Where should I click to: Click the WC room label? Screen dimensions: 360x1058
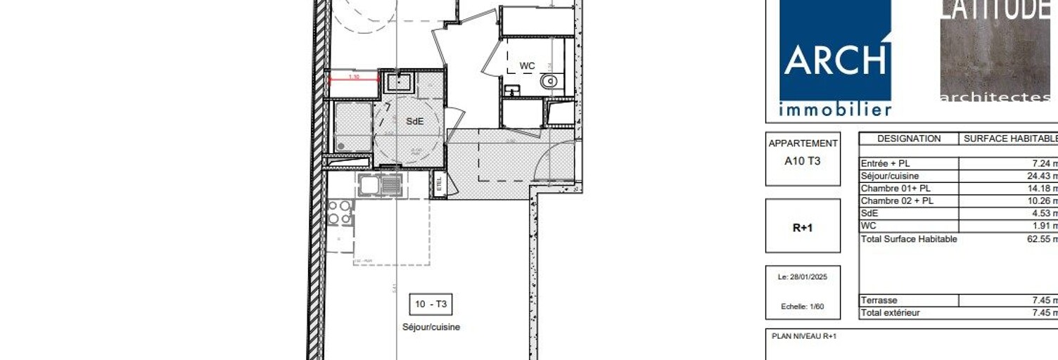point(527,66)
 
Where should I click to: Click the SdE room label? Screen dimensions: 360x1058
point(415,121)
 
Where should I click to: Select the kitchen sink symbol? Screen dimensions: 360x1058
point(381,185)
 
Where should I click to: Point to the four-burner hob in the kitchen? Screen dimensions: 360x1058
point(340,212)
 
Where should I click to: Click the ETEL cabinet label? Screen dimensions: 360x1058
point(440,186)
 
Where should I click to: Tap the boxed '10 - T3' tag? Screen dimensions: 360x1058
point(431,304)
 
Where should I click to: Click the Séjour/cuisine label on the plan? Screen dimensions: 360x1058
point(431,327)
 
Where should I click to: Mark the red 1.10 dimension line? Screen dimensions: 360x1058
point(354,77)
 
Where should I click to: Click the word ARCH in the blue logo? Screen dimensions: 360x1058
point(835,60)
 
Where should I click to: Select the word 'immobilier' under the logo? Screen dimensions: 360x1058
point(835,110)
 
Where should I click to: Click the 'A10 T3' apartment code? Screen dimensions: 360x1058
point(803,161)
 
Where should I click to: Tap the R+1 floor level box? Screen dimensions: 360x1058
point(803,228)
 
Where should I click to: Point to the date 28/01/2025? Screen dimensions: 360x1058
point(803,277)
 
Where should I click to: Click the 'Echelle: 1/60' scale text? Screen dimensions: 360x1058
point(803,307)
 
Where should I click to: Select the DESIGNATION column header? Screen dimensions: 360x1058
point(909,139)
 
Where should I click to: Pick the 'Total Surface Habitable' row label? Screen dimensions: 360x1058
point(909,239)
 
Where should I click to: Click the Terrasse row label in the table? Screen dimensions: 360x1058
point(879,300)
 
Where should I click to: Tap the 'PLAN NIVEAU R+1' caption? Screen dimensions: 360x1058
point(804,336)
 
